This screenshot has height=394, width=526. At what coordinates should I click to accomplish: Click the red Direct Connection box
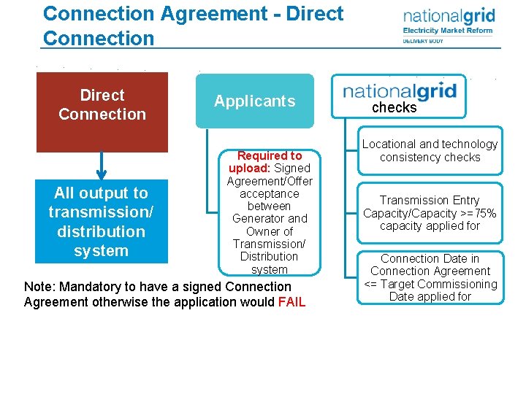coord(102,112)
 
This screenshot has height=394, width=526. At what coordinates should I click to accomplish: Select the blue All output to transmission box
coord(102,222)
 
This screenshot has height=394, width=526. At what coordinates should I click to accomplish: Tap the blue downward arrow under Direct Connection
coord(102,166)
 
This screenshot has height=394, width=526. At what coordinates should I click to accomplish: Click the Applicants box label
coord(254,101)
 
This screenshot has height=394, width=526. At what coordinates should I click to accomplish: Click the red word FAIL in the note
coord(292,302)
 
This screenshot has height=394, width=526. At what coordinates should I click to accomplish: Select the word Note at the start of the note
coord(38,287)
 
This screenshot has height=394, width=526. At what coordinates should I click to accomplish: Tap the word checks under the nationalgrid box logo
coord(394,108)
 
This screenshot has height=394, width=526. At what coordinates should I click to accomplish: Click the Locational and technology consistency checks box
coord(430,151)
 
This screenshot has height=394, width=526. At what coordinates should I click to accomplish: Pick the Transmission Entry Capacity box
coord(430,213)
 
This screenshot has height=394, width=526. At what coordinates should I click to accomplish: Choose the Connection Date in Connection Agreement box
coord(430,277)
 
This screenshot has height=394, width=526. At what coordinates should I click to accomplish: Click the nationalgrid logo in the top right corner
coord(449,16)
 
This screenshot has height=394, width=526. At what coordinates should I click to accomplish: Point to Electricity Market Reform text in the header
coord(448,31)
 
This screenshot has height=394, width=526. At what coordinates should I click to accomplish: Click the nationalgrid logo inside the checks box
coord(400,91)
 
